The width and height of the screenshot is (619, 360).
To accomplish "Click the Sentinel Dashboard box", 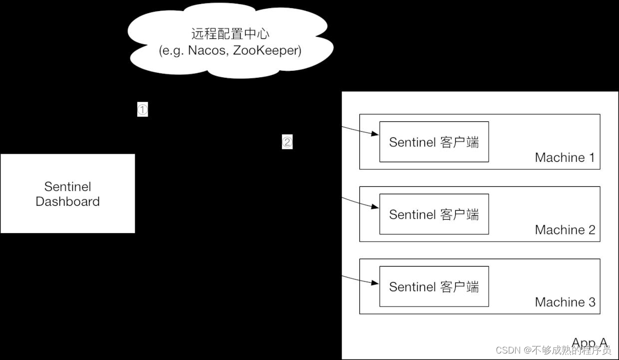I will [x=67, y=193].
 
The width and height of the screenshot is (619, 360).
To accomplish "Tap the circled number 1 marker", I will [x=143, y=110].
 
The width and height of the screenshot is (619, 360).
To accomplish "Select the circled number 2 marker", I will [x=287, y=142].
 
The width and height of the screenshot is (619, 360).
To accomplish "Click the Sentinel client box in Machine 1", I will [x=434, y=142].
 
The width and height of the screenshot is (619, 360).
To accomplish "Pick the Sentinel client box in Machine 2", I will [x=434, y=214].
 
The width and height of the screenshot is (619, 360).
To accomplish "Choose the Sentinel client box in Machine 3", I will [x=434, y=287].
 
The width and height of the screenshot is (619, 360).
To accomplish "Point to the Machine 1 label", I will [x=565, y=158].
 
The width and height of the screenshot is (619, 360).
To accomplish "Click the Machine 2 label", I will [x=565, y=230].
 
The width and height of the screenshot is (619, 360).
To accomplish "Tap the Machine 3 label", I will [x=565, y=303].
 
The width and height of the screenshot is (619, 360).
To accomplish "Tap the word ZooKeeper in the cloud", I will [x=263, y=51].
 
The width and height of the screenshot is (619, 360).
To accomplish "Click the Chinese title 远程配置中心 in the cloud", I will [x=230, y=34].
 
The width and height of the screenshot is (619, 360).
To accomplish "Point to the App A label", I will [x=589, y=343].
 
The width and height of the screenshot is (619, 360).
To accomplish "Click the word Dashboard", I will [x=67, y=202].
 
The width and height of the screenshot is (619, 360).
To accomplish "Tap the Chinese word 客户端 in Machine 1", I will [x=460, y=142].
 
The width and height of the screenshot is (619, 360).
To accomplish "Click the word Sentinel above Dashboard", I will [x=67, y=187].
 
